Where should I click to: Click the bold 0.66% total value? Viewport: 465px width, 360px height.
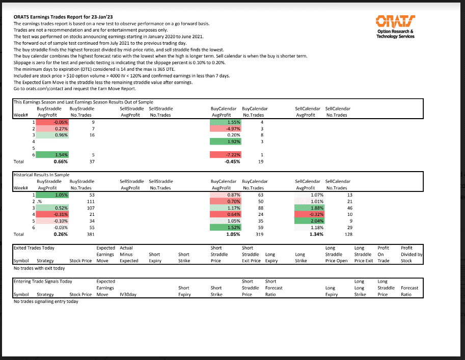point(61,161)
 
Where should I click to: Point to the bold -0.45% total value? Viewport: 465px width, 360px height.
point(233,161)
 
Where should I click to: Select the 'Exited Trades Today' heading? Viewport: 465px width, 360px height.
point(34,248)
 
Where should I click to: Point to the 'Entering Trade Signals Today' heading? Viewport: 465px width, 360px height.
point(43,281)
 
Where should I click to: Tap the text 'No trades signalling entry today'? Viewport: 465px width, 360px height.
point(46,301)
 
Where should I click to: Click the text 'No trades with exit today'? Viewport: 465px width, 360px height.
point(39,268)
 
